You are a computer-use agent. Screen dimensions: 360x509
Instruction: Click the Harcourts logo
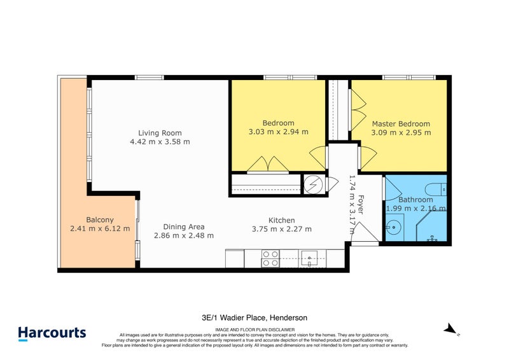click(x=52, y=333)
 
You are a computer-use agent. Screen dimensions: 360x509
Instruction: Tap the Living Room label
click(x=160, y=133)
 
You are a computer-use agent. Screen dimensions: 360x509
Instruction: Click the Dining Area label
click(x=183, y=226)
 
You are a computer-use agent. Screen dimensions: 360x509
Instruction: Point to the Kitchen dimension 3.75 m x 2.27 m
click(x=281, y=229)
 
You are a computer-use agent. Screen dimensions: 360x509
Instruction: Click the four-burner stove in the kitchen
click(x=270, y=259)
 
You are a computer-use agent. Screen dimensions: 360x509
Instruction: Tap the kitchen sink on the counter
click(x=310, y=259)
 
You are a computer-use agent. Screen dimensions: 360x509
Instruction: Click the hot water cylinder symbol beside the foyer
click(x=313, y=184)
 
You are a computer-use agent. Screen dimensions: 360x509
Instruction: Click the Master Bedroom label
click(x=401, y=124)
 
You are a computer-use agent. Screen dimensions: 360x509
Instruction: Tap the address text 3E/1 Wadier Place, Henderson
click(x=254, y=317)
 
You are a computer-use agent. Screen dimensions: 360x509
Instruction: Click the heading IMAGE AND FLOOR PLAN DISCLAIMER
click(x=254, y=329)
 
